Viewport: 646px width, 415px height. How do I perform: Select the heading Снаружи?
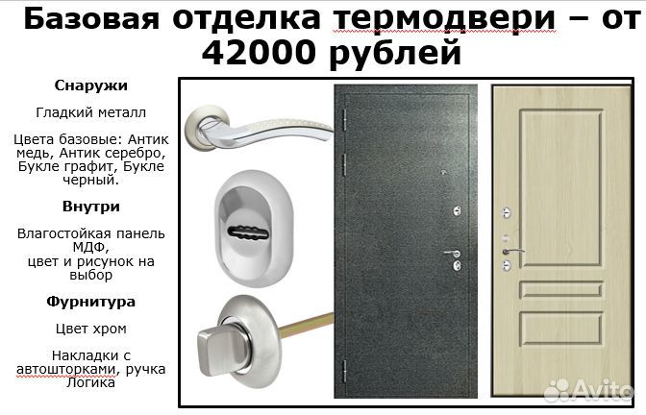point(91,85)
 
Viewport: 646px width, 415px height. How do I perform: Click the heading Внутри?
point(91,206)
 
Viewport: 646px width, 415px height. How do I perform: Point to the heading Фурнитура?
point(91,302)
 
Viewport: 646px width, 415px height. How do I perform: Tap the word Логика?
point(91,382)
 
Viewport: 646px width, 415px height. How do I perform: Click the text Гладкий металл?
point(91,112)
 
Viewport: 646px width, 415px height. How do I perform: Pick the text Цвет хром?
point(91,329)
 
